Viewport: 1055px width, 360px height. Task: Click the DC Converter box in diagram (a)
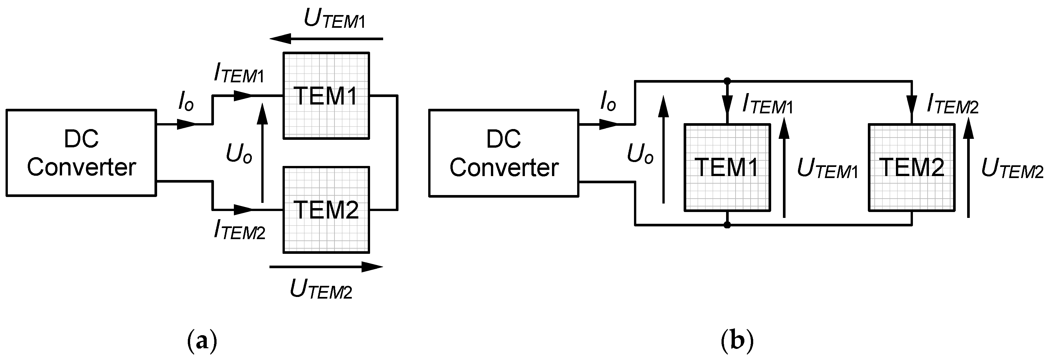pos(81,153)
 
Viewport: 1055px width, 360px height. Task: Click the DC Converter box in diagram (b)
pos(504,153)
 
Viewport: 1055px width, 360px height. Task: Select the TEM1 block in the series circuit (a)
pos(326,95)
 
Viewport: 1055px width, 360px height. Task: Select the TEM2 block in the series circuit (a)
pos(326,209)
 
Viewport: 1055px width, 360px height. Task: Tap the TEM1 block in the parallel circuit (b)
pos(727,168)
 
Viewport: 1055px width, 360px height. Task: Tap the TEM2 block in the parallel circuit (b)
pos(912,168)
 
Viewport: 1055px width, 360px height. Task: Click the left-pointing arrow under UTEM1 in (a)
pos(326,39)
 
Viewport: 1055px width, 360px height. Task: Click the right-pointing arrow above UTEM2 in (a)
pos(326,267)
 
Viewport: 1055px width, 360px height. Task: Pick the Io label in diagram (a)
pos(186,101)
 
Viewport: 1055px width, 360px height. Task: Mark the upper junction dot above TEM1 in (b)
pos(727,81)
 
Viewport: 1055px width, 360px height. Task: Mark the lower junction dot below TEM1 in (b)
pos(727,225)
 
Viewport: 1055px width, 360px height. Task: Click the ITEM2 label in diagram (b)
pos(952,105)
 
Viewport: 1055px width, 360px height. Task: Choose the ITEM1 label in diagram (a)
pos(239,74)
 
